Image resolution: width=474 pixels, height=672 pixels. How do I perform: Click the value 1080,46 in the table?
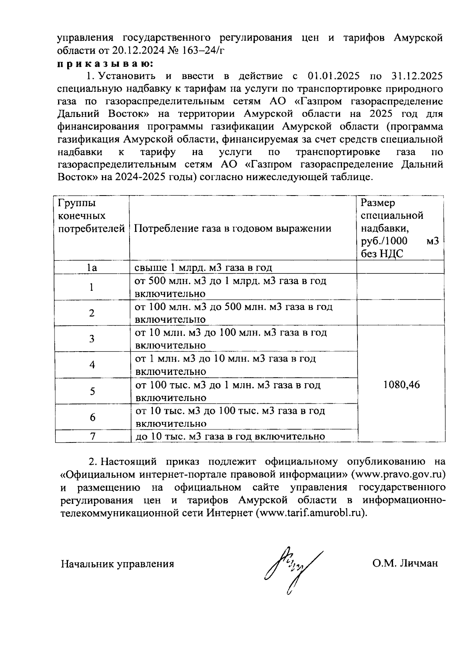click(401, 384)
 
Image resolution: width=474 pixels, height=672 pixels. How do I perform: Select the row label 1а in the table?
click(92, 268)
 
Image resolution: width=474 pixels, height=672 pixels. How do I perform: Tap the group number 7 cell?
click(92, 436)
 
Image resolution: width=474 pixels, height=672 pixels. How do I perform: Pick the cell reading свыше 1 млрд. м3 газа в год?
click(203, 268)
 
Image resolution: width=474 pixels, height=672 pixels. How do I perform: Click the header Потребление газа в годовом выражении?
click(233, 228)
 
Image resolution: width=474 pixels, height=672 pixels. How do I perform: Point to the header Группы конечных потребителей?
click(91, 216)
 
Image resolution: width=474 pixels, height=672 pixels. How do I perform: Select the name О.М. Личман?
click(405, 563)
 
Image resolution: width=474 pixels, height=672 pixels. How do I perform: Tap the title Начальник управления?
click(117, 564)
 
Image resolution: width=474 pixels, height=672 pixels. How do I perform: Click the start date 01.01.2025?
click(331, 76)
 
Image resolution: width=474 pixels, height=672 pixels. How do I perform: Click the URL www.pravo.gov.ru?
click(401, 474)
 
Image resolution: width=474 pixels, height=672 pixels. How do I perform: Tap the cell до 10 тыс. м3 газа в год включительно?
click(230, 436)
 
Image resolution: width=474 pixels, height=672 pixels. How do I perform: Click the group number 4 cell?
click(92, 364)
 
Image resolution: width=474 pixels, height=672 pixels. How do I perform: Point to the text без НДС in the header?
click(382, 254)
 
